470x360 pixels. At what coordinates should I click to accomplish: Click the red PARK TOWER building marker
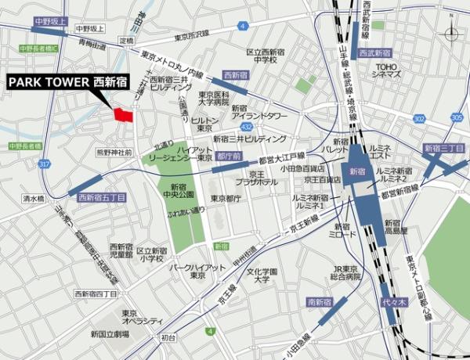point(124,114)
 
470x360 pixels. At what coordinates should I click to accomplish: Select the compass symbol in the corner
point(452,34)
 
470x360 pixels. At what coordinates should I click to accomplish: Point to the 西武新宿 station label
point(374,53)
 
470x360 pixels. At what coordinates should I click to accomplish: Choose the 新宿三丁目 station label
point(443,148)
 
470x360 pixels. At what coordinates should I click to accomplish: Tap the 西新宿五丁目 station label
point(102,198)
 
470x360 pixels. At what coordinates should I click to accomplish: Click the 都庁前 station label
point(226,156)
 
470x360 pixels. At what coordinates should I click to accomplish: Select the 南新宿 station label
point(321,301)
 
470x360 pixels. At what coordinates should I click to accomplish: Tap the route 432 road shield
point(246,125)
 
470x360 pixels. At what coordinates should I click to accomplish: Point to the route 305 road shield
point(457,117)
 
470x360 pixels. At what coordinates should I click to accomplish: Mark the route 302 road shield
point(419,119)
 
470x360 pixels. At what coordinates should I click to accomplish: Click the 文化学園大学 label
point(262,275)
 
